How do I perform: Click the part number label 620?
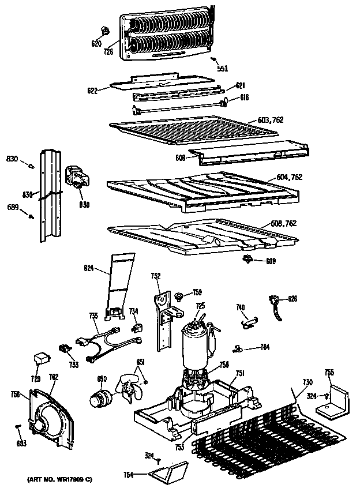click(x=96, y=43)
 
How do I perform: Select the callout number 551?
click(x=222, y=68)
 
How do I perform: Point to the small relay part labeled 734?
click(x=137, y=327)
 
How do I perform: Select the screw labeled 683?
click(x=17, y=426)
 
